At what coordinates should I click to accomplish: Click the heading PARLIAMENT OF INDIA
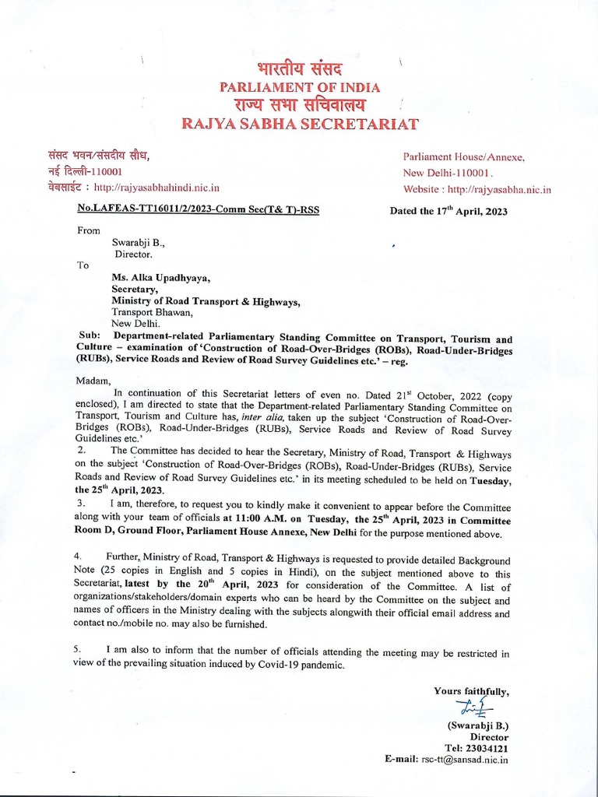pyautogui.click(x=299, y=87)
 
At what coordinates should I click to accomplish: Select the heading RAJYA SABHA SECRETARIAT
pyautogui.click(x=300, y=124)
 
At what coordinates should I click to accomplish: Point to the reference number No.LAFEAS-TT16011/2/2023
pyautogui.click(x=199, y=209)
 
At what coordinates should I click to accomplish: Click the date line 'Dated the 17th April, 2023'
pyautogui.click(x=448, y=212)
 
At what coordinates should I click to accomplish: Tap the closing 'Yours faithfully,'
pyautogui.click(x=471, y=690)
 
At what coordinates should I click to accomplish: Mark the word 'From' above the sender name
pyautogui.click(x=89, y=230)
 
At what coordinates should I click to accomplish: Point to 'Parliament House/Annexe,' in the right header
pyautogui.click(x=463, y=156)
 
